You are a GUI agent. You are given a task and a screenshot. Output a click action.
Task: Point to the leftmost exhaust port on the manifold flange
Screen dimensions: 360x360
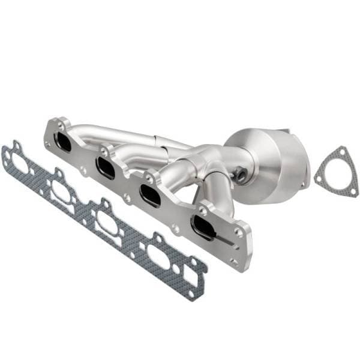(x=62, y=142)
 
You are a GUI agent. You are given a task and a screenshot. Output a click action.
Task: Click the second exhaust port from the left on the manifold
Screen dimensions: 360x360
(x=106, y=167)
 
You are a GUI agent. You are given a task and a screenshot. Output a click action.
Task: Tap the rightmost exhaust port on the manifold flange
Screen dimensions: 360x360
(x=203, y=226)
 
